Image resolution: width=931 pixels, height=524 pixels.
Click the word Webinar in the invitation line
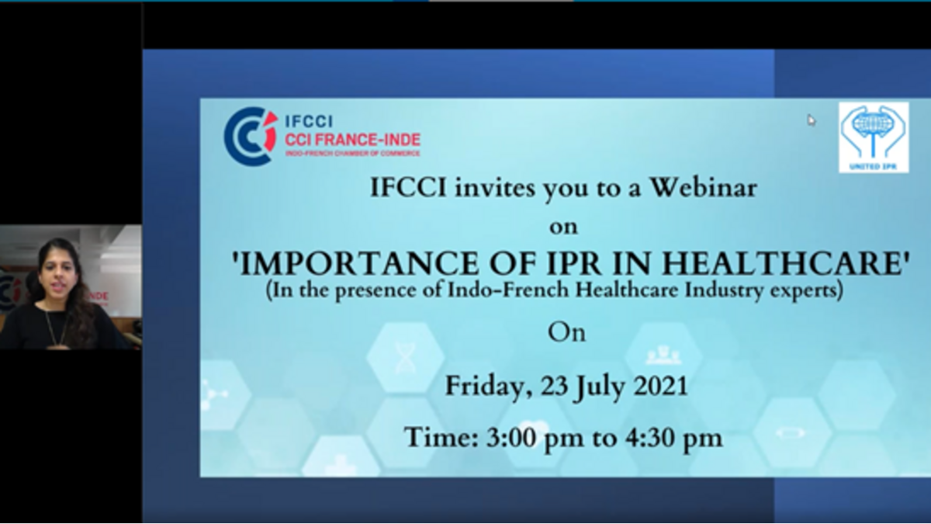tap(703, 188)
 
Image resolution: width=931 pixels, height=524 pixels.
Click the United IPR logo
tap(874, 137)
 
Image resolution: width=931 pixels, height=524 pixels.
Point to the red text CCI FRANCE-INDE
tap(352, 139)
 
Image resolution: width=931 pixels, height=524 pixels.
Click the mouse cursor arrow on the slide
tap(812, 120)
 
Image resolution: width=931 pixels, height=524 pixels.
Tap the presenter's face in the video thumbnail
tap(57, 275)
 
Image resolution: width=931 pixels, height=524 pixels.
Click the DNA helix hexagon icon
tap(405, 357)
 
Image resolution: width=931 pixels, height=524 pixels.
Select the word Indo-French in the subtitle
tap(508, 290)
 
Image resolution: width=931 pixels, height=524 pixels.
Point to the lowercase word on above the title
tap(563, 227)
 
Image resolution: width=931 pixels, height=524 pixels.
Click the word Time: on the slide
tap(441, 438)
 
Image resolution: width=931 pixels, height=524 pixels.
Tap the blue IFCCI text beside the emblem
tap(309, 121)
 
